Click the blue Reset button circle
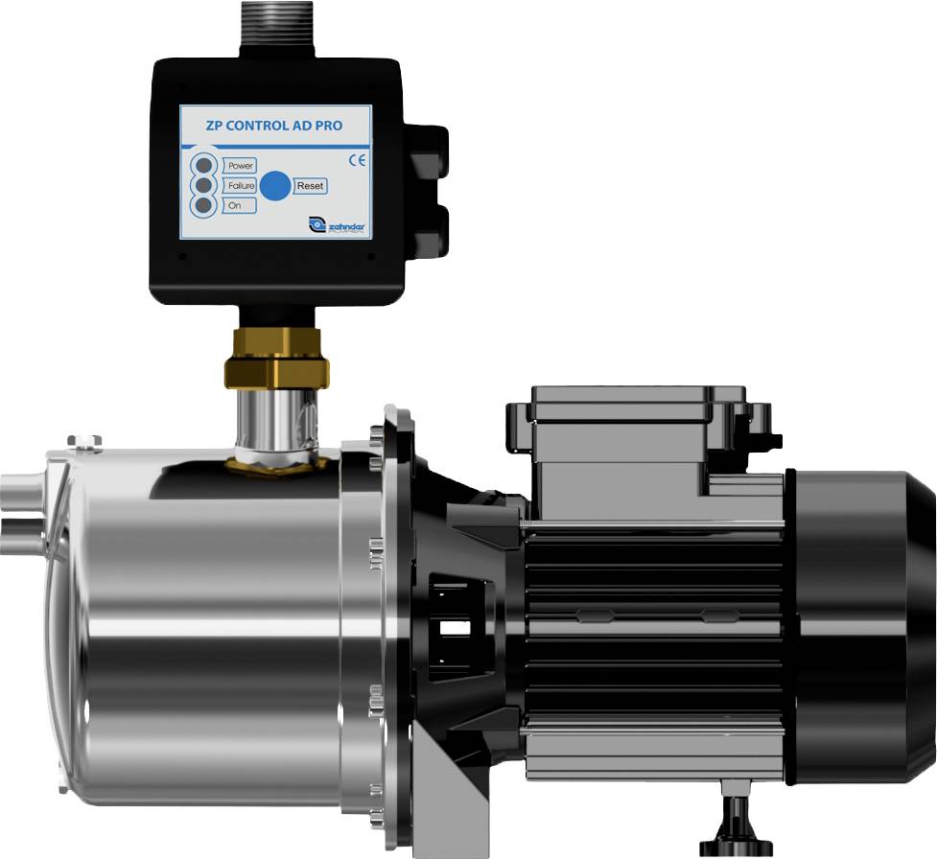(275, 186)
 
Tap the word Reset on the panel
(311, 186)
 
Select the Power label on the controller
(240, 166)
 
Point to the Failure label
(240, 185)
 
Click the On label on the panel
(234, 205)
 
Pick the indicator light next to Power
(204, 164)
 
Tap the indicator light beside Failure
(204, 185)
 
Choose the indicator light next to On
(204, 205)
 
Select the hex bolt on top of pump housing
(84, 441)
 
